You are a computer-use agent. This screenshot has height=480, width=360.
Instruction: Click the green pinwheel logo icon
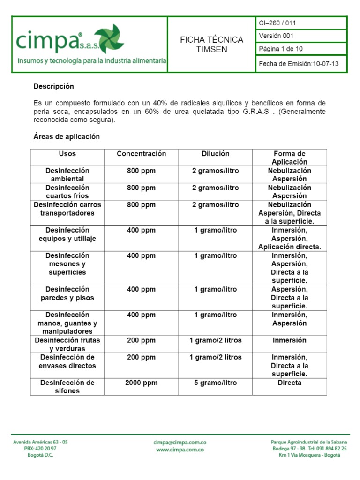point(109,40)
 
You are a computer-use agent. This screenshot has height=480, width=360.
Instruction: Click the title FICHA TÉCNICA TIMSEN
point(212,45)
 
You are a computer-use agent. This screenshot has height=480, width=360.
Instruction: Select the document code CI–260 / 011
point(277,23)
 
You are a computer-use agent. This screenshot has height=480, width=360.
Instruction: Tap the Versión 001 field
point(277,36)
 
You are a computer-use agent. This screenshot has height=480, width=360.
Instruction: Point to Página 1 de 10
point(281,49)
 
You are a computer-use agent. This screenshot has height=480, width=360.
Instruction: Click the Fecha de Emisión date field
point(299,64)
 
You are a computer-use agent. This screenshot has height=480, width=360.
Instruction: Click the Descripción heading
point(53,87)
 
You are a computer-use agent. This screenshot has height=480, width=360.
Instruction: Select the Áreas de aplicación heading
point(67,137)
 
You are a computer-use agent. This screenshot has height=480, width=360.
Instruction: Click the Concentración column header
point(141,154)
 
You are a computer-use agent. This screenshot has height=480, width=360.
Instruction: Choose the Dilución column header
point(215,154)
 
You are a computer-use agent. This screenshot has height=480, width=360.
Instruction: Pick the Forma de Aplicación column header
point(289,157)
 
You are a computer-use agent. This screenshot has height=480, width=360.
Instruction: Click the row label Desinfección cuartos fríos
point(67,192)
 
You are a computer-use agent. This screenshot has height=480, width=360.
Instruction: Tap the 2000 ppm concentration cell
point(141,383)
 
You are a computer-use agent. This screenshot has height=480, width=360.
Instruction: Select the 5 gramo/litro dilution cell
point(215,383)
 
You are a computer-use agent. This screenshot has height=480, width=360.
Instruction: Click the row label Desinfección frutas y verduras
point(67,345)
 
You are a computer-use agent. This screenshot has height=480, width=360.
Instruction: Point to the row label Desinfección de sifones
point(67,387)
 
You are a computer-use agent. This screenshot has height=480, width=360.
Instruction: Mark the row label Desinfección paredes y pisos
point(67,293)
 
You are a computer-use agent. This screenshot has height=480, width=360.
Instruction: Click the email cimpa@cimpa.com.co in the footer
point(180,442)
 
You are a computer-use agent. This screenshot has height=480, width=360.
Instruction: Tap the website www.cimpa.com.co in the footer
point(180,449)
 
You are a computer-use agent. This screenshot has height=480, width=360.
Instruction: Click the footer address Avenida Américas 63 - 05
point(40,442)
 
